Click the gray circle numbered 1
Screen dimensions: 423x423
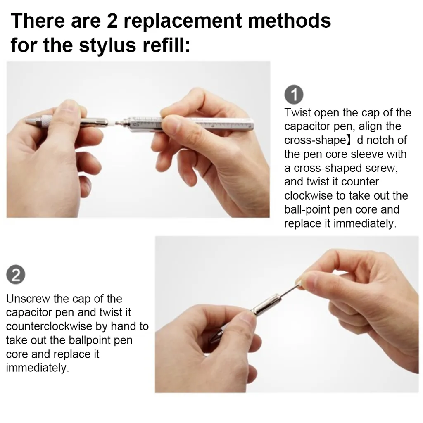pyautogui.click(x=294, y=95)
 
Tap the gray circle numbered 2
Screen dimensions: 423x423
pyautogui.click(x=16, y=275)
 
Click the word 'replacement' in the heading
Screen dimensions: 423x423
pyautogui.click(x=183, y=21)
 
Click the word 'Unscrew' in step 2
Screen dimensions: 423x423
pyautogui.click(x=28, y=299)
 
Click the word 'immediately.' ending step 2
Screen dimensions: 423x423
pyautogui.click(x=38, y=368)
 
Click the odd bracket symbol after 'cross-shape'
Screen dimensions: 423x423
pyautogui.click(x=350, y=140)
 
